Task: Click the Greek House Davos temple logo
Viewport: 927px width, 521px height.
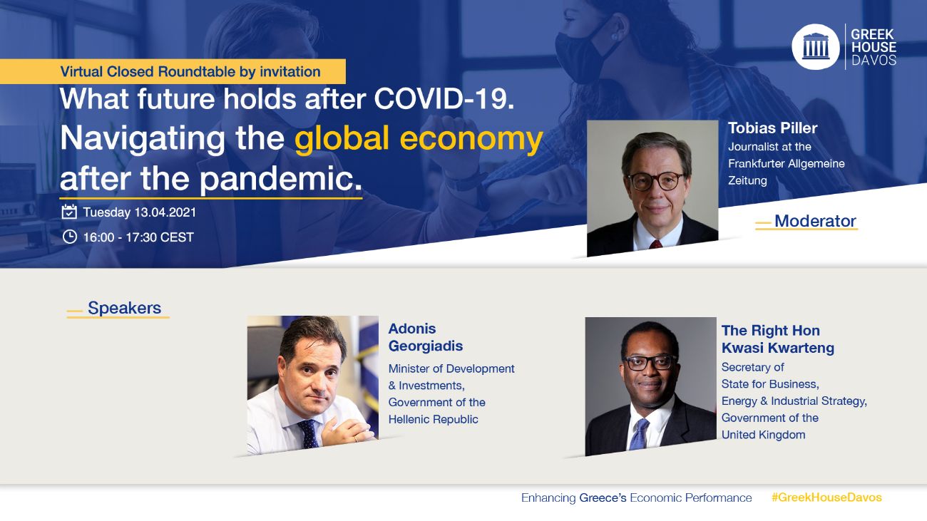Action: point(815,47)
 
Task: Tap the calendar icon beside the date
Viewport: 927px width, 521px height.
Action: point(69,212)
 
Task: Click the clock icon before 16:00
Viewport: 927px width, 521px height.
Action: point(70,237)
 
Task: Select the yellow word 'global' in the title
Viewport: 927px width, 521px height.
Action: point(342,139)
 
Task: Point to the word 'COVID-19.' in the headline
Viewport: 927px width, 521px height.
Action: point(444,99)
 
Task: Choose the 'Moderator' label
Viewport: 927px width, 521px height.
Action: point(815,221)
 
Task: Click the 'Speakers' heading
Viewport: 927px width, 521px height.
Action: point(124,308)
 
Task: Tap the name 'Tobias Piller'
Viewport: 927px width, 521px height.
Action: point(773,128)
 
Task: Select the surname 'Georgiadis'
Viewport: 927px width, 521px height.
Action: point(426,346)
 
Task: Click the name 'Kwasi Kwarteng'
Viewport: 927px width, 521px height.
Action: point(777,348)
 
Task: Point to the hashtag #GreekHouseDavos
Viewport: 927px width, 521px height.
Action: point(826,497)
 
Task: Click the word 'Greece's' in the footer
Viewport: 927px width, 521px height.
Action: point(603,498)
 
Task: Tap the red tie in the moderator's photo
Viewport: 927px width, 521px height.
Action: point(656,244)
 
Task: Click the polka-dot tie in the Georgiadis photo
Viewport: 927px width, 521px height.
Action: point(309,433)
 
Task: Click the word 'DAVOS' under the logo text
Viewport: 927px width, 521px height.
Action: point(874,61)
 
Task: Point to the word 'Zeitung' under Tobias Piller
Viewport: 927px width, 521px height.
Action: point(747,181)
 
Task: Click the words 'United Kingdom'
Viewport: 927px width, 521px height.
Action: point(763,435)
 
